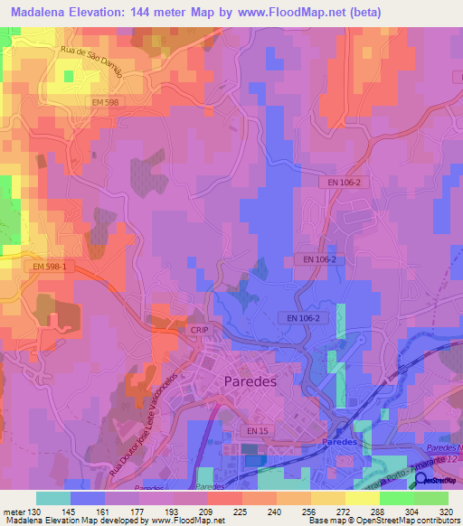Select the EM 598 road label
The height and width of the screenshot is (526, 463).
(107, 103)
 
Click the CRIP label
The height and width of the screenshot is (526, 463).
(200, 330)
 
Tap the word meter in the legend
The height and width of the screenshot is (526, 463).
(13, 511)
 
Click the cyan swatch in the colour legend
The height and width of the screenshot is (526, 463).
(52, 498)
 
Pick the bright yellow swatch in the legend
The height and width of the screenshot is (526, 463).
(362, 498)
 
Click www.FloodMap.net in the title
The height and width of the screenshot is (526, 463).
(288, 12)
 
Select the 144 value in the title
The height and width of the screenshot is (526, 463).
(152, 12)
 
